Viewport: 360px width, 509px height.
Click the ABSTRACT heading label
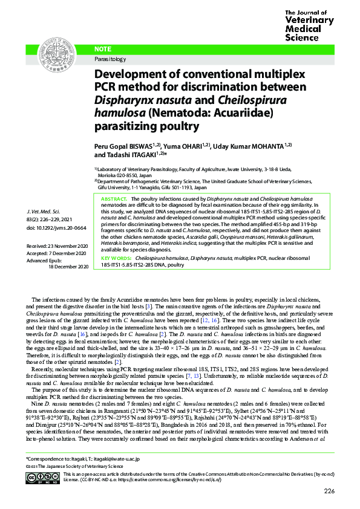point(114,199)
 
